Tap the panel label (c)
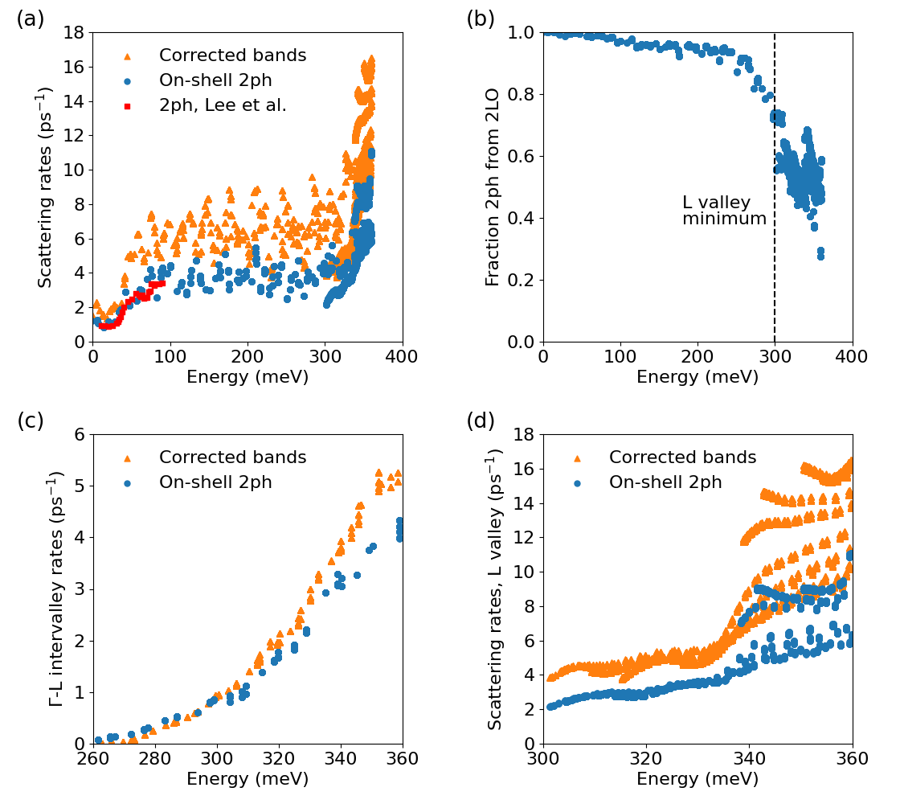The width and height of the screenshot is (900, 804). click(31, 420)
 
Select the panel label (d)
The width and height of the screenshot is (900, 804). click(481, 420)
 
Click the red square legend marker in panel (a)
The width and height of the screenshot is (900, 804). click(127, 105)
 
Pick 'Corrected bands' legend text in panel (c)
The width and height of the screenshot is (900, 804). click(232, 457)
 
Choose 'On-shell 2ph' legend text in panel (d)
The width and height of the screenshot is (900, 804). click(665, 482)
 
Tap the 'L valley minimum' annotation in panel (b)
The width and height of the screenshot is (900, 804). click(724, 211)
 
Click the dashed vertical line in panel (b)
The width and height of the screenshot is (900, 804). click(775, 161)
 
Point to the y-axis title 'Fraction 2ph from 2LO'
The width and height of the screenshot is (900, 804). click(493, 187)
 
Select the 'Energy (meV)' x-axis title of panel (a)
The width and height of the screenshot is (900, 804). click(247, 377)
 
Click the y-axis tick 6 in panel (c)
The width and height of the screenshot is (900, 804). click(80, 434)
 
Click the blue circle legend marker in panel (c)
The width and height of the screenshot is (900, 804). click(127, 483)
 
